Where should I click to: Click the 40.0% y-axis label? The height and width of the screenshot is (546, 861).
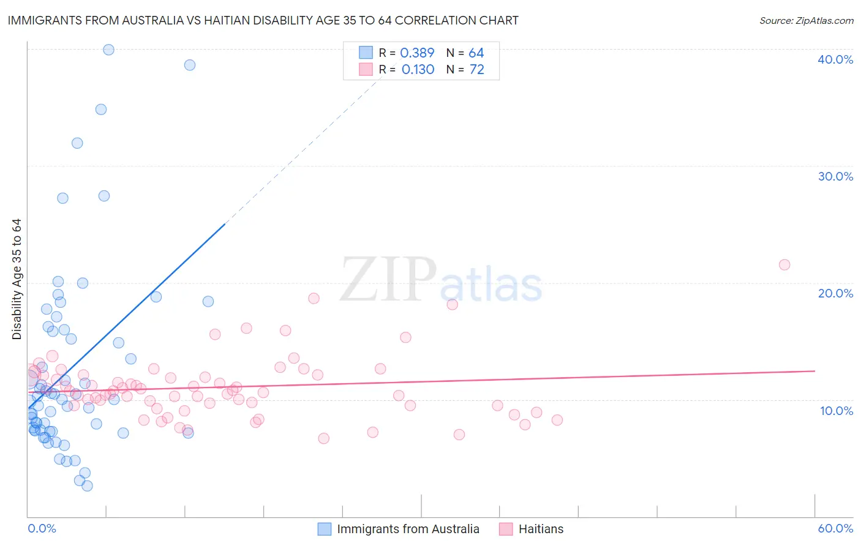pos(835,59)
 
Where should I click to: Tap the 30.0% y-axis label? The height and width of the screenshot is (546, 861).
pos(835,176)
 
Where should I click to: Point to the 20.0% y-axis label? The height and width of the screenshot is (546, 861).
pos(835,293)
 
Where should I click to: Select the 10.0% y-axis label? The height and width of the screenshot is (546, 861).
pos(837,411)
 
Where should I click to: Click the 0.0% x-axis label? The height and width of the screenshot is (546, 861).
pos(42,528)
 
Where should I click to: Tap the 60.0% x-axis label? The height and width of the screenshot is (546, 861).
pos(835,528)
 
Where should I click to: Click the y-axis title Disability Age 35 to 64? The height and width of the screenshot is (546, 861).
pos(17,279)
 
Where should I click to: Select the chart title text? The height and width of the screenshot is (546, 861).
pos(263,20)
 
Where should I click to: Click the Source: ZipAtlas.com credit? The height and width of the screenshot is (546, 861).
pos(806,20)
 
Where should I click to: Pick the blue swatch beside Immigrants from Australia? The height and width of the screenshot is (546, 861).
pos(325,529)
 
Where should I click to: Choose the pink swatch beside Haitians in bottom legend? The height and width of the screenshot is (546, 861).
pos(506,529)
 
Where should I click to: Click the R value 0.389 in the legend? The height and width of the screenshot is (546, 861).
pos(417,53)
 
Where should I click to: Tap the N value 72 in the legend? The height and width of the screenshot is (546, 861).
pos(476,70)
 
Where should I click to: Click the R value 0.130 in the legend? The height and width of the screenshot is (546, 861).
pos(418,70)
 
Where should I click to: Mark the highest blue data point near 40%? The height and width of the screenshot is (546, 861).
pos(108,50)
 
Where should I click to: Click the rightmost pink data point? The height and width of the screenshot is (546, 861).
pos(784,264)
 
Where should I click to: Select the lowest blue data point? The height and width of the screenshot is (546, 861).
pos(88,485)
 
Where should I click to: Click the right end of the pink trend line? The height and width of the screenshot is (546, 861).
pos(814,371)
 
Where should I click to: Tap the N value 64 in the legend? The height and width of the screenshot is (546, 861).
pos(476,53)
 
